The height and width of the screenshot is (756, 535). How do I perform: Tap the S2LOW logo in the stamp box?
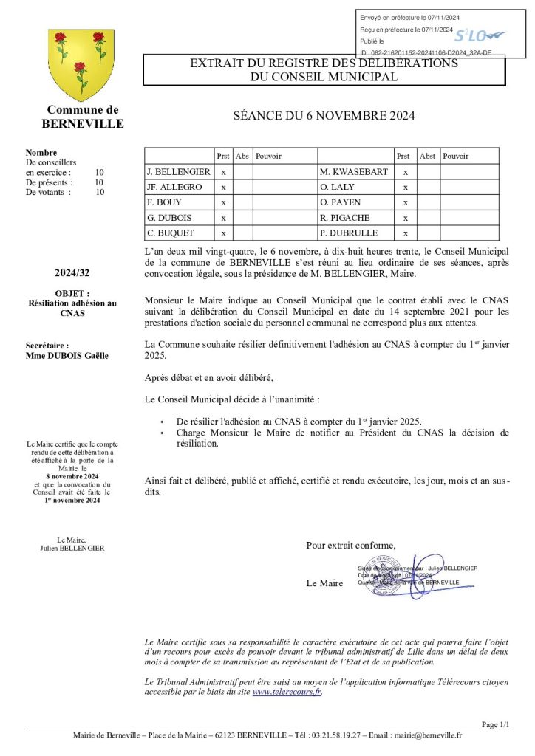[x=478, y=35]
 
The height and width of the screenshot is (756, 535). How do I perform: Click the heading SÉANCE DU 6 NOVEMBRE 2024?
[x=324, y=115]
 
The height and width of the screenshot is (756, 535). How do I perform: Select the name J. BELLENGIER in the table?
[x=179, y=172]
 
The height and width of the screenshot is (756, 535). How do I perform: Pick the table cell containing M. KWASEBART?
[x=354, y=172]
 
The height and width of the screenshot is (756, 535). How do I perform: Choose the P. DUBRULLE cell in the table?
[x=349, y=233]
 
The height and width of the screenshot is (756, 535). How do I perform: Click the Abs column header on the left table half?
[x=242, y=156]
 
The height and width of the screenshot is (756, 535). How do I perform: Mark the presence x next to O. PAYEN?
[x=405, y=202]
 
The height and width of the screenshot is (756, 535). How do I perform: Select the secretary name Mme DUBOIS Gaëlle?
[x=67, y=355]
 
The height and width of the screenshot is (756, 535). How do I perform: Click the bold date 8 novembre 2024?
[x=72, y=476]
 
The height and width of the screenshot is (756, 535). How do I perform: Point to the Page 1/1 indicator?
[x=495, y=724]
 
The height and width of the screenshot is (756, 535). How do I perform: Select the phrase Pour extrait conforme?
[x=350, y=546]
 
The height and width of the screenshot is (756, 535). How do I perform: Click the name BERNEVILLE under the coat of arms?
[x=83, y=124]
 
